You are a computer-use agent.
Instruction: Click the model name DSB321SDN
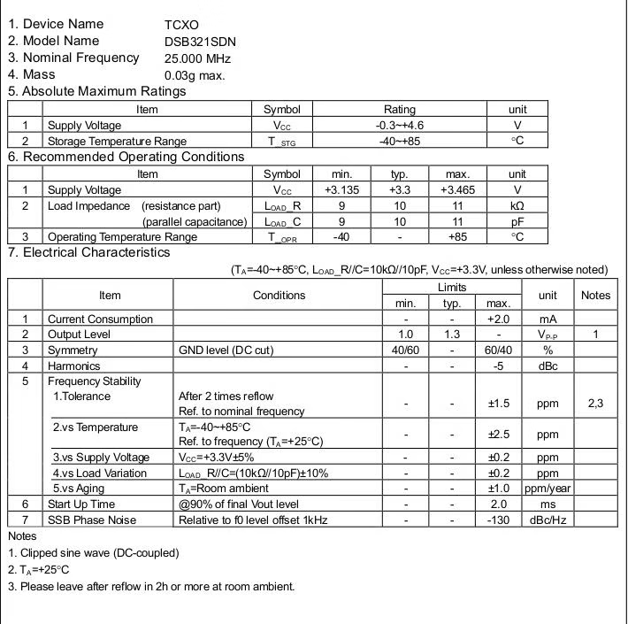199,42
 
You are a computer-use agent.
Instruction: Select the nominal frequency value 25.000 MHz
197,58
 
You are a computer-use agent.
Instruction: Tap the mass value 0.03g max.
195,75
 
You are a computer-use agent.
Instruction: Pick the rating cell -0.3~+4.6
400,126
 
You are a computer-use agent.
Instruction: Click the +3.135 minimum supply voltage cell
341,190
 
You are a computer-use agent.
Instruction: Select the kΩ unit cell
517,206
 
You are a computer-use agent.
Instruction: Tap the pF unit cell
517,222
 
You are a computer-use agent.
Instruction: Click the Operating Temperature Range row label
122,237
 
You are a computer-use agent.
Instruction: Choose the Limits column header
451,288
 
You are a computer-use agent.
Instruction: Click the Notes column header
595,296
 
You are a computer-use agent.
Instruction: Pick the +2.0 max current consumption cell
499,320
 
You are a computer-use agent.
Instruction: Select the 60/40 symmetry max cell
499,351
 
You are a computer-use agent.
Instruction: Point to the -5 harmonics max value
499,366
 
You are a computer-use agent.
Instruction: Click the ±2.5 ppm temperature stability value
499,435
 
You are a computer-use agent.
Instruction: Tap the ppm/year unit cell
548,489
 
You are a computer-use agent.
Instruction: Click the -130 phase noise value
499,520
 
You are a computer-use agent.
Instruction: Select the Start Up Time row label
81,505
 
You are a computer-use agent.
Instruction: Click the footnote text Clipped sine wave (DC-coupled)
98,553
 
